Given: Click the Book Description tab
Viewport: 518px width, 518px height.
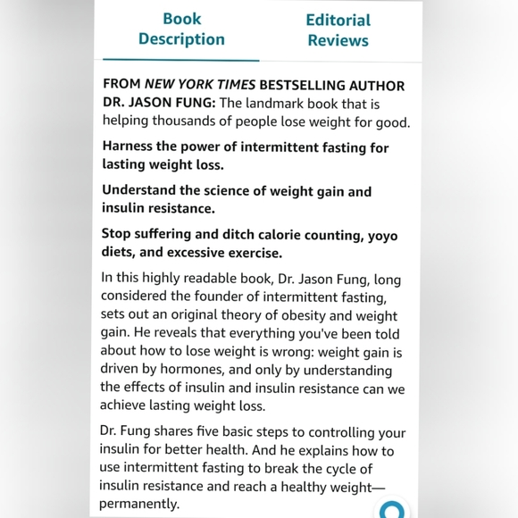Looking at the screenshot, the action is (x=181, y=29).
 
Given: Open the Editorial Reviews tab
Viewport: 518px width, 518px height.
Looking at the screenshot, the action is (x=338, y=29).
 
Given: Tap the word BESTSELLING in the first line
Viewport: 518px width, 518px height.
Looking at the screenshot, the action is (x=302, y=86).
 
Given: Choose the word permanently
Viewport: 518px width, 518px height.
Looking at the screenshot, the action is (x=140, y=504).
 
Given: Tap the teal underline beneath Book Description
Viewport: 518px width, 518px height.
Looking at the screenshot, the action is (x=181, y=60).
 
